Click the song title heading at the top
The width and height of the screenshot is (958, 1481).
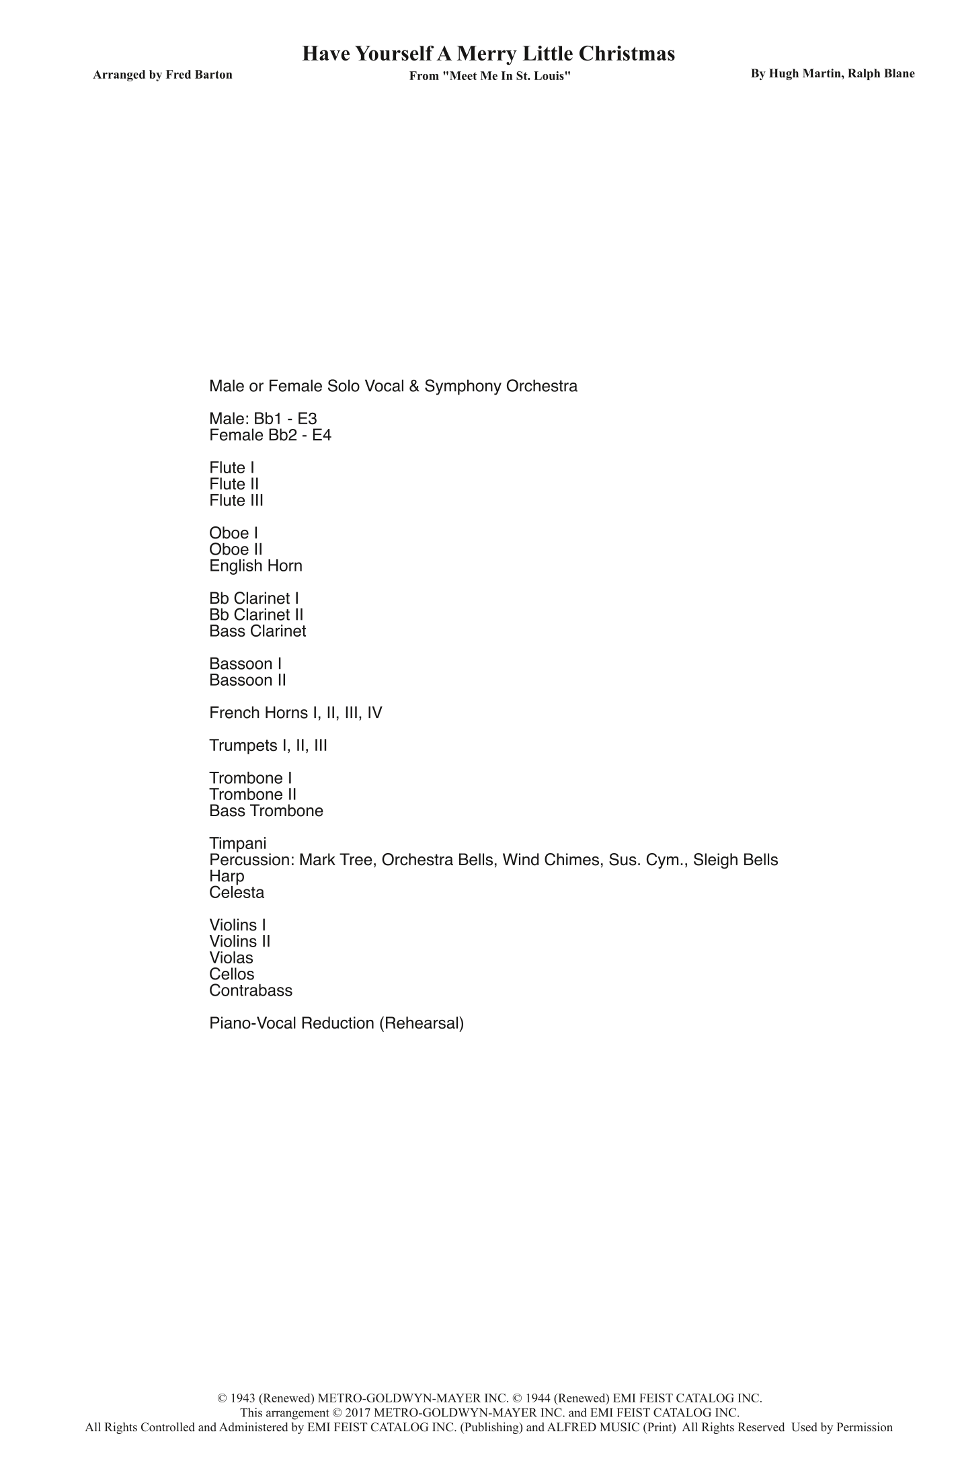pos(488,54)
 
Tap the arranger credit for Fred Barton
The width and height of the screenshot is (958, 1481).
pos(163,75)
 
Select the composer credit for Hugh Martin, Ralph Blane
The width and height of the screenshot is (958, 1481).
pos(832,74)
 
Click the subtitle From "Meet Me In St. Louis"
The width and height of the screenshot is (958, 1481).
pos(490,76)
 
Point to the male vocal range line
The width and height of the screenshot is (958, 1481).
pos(263,419)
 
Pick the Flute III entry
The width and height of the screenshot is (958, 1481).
pos(236,500)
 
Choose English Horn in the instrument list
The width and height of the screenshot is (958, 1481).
pos(255,565)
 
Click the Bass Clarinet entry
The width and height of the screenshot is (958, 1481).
pos(257,631)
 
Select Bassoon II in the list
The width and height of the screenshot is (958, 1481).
pos(247,680)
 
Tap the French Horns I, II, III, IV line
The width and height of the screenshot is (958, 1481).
pos(295,713)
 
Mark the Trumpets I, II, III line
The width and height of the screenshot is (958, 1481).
pos(268,745)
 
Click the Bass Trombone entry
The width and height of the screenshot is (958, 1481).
pos(266,811)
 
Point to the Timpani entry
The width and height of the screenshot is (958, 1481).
pos(237,843)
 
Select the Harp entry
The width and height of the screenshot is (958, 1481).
pos(227,876)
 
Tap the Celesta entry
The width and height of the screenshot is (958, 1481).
pos(237,893)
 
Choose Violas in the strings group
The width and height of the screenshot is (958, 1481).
pos(231,958)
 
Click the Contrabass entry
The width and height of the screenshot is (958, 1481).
pos(251,990)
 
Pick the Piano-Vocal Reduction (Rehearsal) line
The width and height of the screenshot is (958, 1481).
pos(336,1023)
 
